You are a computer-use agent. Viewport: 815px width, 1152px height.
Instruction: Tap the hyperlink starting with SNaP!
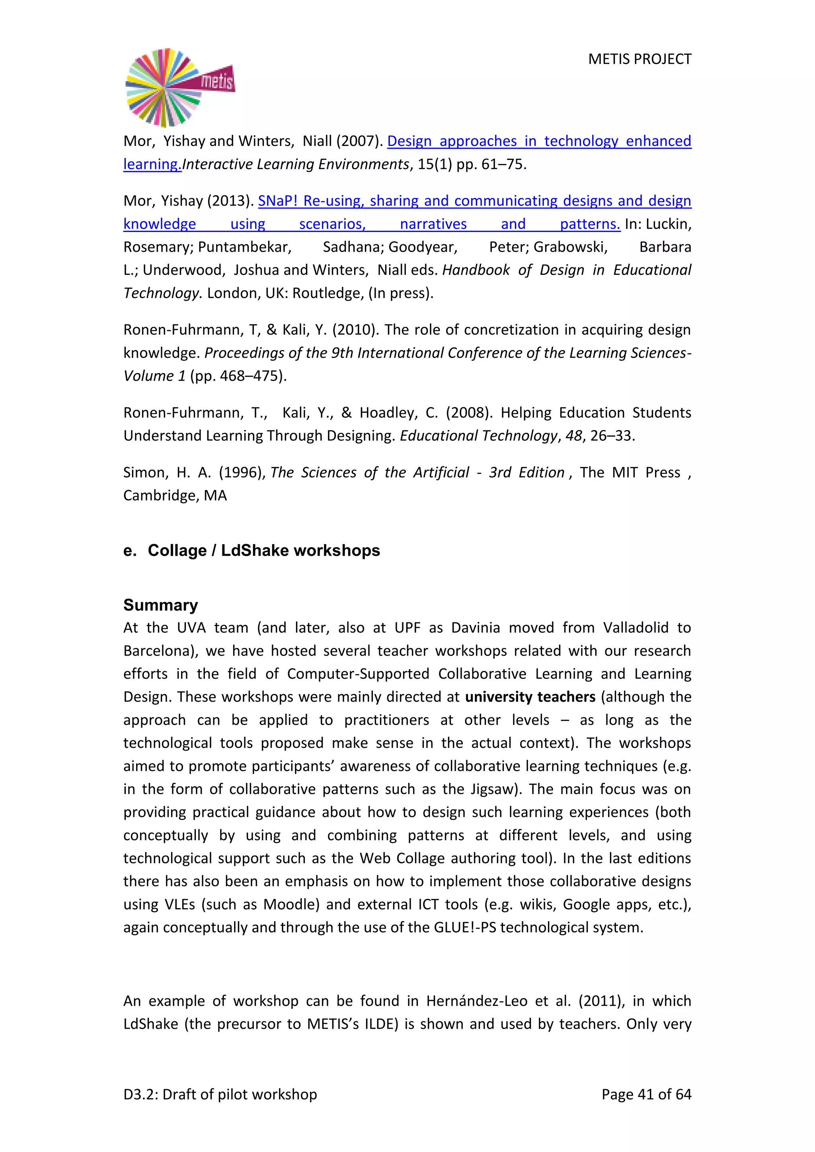[x=474, y=201]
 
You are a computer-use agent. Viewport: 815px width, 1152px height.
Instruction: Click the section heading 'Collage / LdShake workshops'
[x=263, y=551]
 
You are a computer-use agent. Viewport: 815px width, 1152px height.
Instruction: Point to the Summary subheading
[x=161, y=605]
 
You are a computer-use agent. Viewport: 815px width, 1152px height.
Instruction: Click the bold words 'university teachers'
[x=530, y=697]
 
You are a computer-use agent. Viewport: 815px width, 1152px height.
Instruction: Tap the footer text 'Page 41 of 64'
[x=646, y=1094]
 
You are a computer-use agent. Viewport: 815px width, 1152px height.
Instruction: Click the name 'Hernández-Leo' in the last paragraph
[x=476, y=1001]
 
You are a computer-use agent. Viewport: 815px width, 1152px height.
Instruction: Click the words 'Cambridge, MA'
[x=175, y=496]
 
